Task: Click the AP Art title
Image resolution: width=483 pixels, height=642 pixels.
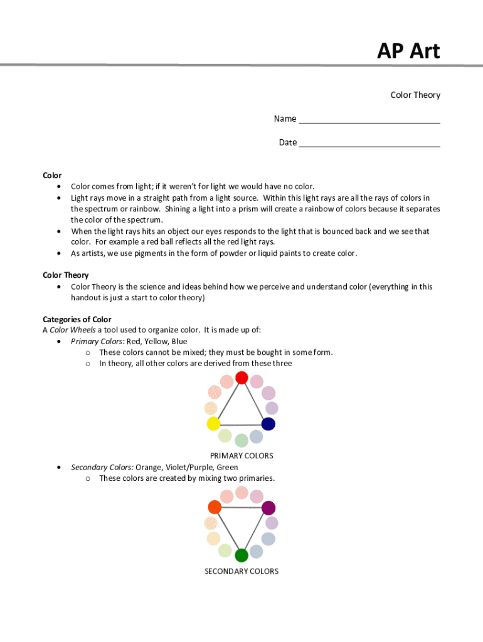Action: (x=408, y=51)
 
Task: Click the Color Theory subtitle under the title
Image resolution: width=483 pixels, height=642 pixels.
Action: (x=415, y=95)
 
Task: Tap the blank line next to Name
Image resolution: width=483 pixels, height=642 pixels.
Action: (x=369, y=119)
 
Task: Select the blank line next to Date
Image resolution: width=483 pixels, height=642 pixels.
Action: (x=369, y=143)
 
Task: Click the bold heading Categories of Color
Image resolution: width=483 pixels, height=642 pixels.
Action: (x=77, y=319)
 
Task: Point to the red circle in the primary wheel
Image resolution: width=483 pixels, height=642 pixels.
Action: (x=242, y=378)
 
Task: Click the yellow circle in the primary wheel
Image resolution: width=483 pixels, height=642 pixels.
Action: (x=213, y=424)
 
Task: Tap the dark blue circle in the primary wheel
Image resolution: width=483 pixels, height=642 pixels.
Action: (x=268, y=424)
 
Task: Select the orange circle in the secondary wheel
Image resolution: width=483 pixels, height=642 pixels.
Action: (x=215, y=507)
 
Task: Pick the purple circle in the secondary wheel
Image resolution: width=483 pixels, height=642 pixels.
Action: (x=268, y=508)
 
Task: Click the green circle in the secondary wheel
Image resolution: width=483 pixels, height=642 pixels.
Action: (x=242, y=555)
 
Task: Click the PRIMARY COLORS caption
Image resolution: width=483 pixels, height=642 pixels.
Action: (x=242, y=456)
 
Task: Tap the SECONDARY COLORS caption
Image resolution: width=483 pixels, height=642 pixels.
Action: (x=242, y=571)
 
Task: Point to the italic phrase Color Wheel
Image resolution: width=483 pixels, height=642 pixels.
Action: (x=72, y=330)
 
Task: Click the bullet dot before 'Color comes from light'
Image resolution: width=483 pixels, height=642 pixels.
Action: (x=58, y=187)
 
